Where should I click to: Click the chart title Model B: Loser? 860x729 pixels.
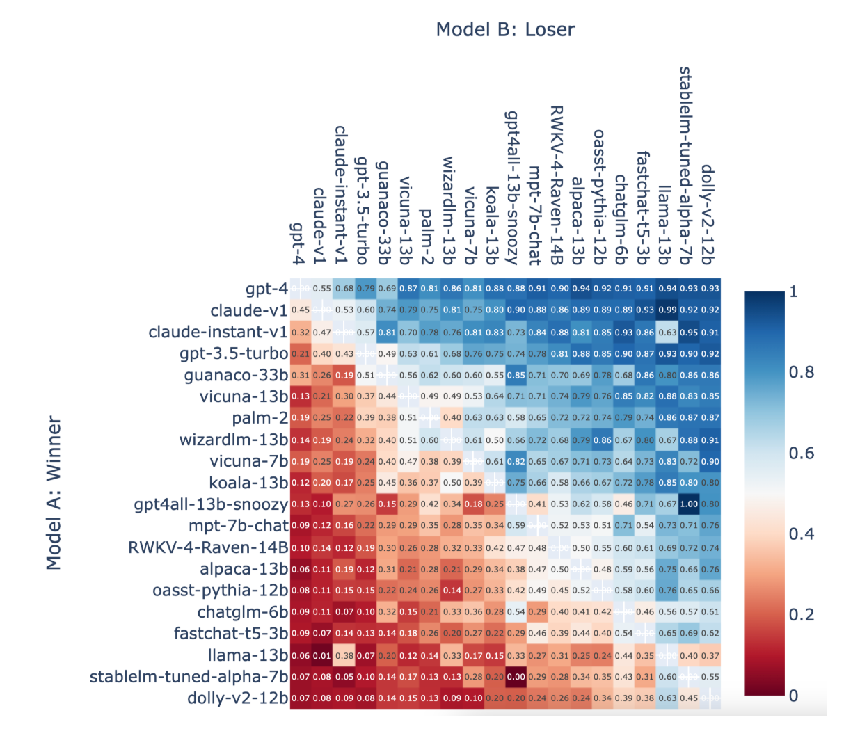coord(505,29)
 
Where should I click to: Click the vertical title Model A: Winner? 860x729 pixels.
coord(54,492)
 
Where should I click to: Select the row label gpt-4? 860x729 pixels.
coord(266,289)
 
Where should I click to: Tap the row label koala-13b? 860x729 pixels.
coord(248,483)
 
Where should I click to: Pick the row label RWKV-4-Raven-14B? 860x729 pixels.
coord(208,547)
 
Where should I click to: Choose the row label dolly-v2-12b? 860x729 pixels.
coord(237,698)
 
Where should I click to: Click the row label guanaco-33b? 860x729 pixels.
coord(236,375)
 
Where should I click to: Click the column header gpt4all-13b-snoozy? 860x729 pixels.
coord(512,188)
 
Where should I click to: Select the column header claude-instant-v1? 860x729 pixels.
coord(341,195)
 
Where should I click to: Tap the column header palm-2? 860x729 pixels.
coord(427,237)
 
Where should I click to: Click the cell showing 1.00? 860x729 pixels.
coord(689,504)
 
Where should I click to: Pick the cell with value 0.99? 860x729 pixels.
coord(667,310)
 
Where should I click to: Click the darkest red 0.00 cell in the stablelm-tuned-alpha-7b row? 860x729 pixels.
coord(516,677)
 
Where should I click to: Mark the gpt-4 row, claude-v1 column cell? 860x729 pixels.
coord(322,289)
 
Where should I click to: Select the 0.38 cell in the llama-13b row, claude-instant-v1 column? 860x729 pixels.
coord(344,655)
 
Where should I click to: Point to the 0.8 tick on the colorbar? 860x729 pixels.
coord(801,372)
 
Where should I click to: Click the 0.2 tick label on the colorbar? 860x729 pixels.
coord(801,614)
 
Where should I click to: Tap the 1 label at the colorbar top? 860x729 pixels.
coord(794,291)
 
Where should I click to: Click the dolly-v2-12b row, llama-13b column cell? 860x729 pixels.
coord(667,698)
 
